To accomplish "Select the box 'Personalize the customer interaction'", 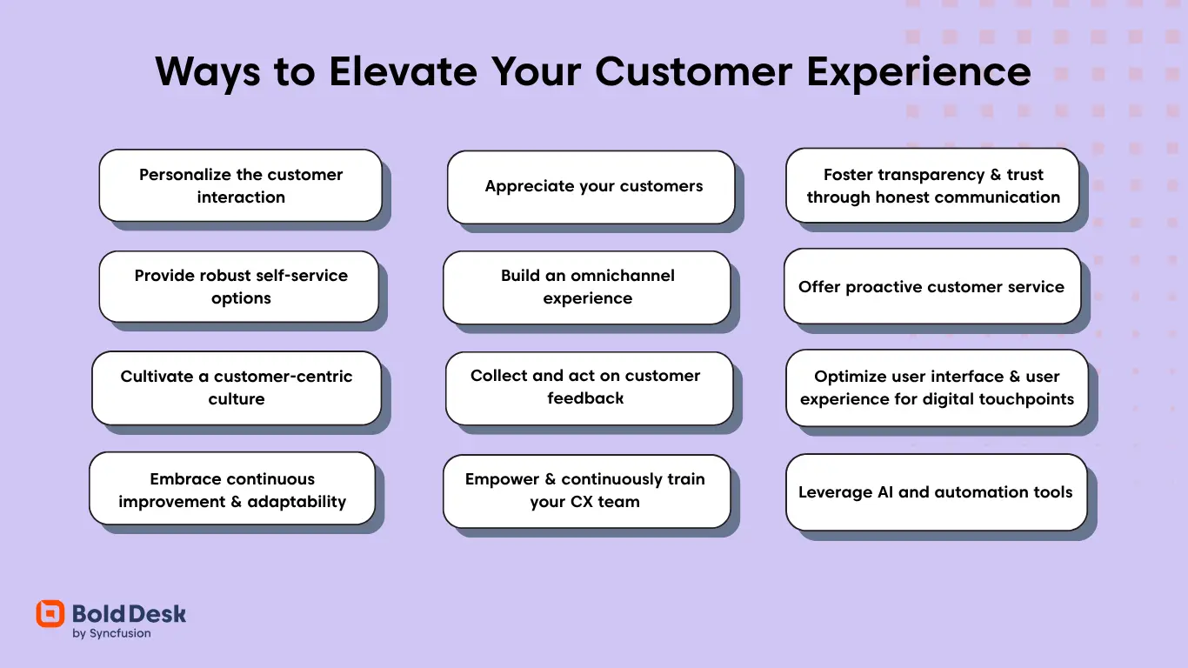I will pos(241,185).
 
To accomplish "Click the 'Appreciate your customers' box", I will pos(593,186).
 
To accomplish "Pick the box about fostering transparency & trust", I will pos(933,185).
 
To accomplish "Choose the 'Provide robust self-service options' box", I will pos(240,286).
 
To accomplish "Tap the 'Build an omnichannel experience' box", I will pos(587,286).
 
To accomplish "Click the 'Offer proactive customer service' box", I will pos(931,287).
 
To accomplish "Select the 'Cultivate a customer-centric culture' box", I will pos(237,387).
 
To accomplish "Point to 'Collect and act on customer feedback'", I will pos(585,387).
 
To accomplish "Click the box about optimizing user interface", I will pos(937,388).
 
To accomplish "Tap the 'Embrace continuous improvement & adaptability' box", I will pos(232,490).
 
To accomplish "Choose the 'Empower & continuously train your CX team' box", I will pos(584,491).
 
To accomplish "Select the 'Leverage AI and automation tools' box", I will pos(935,492).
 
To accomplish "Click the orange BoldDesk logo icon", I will pos(50,614).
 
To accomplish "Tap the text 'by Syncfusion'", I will pos(111,634).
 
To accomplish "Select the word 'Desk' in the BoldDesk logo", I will pos(160,613).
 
